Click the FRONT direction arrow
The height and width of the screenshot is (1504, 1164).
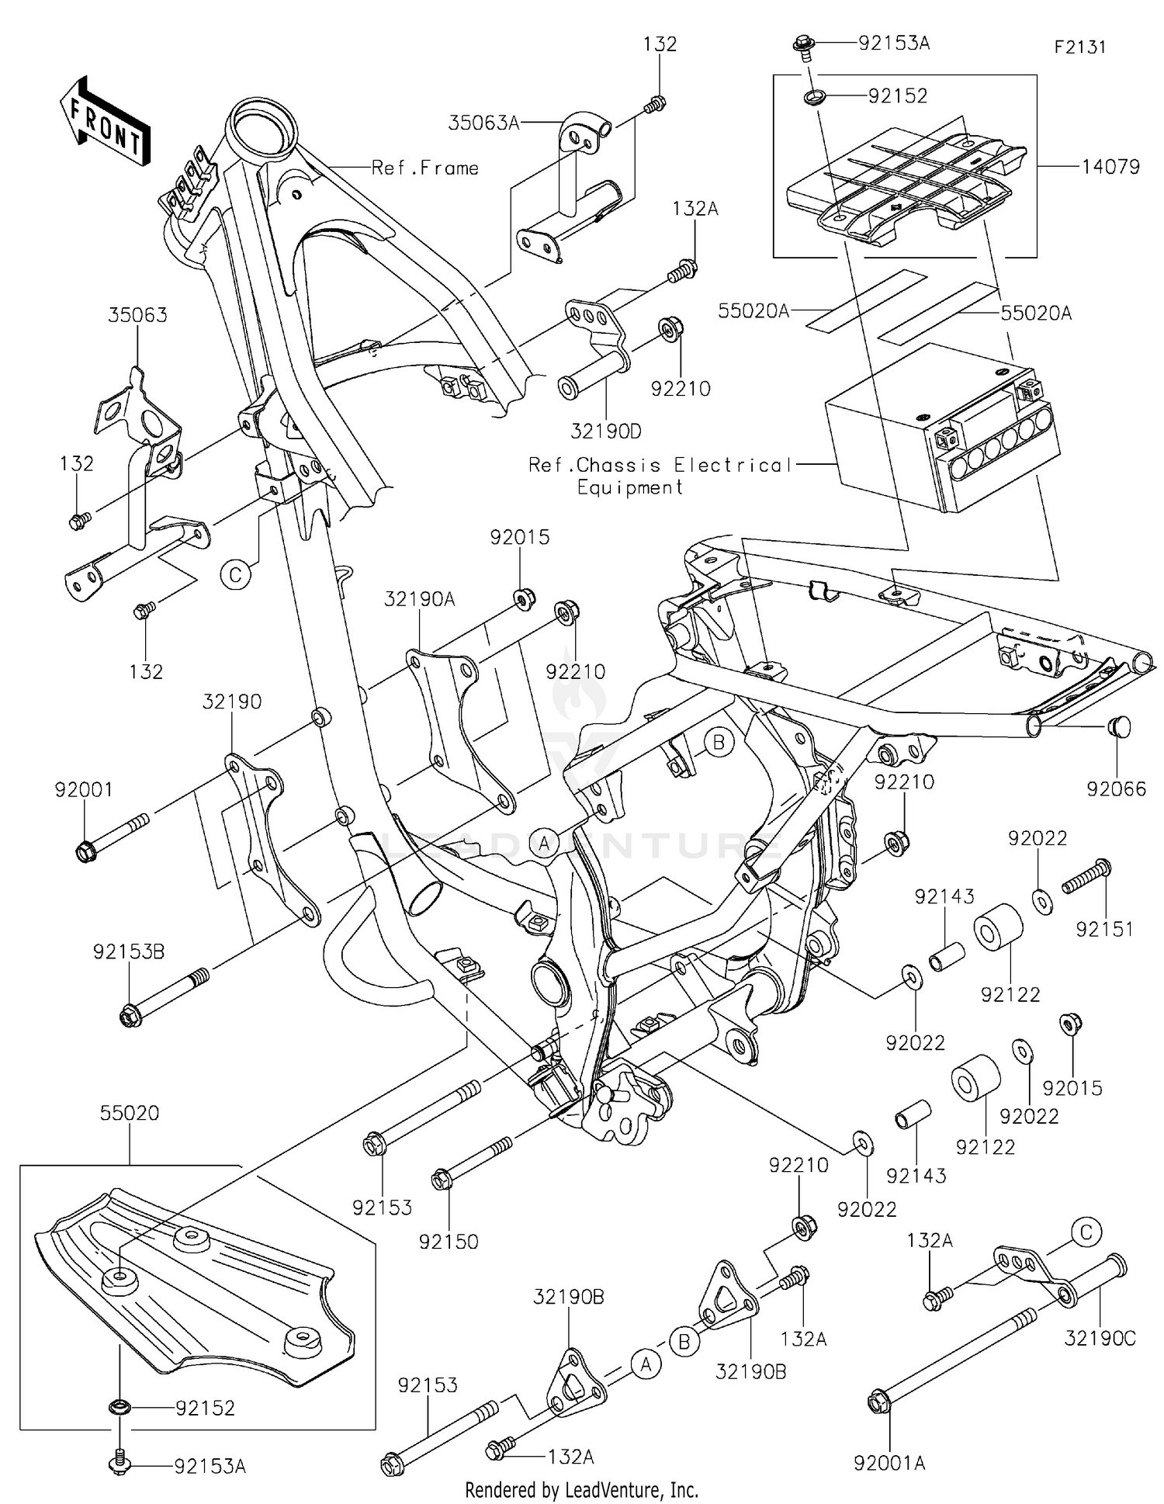point(106,121)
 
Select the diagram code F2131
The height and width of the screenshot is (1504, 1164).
point(1079,47)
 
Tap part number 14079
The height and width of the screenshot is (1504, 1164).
point(1110,167)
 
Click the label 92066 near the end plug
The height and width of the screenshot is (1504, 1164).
point(1116,789)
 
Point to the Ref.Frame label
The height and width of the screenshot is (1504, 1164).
point(425,168)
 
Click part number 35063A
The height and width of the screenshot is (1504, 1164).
point(483,123)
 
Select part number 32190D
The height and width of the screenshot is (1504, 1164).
point(607,431)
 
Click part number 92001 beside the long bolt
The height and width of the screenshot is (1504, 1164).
point(84,790)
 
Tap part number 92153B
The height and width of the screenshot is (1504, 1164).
point(129,951)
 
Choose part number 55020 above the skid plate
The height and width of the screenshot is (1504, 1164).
point(130,1113)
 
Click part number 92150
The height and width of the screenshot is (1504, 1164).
point(449,1242)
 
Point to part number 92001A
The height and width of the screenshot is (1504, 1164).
point(889,1464)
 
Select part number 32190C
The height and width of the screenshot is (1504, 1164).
point(1100,1339)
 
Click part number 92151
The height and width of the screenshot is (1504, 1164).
point(1104,928)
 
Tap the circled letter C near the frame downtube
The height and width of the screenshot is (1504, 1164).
point(235,575)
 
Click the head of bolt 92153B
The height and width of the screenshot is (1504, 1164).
point(130,1015)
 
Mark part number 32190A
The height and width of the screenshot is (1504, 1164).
point(419,598)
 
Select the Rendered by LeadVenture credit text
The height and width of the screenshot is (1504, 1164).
point(581,1490)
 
